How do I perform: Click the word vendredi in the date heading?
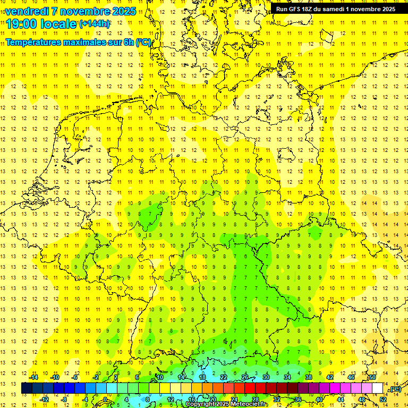tap(27, 11)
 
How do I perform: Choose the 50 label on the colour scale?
tap(372, 377)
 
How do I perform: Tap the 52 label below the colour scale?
tap(382, 399)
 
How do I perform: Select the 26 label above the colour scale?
tap(245, 377)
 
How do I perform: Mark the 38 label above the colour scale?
tap(309, 377)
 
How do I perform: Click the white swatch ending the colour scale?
tap(378, 388)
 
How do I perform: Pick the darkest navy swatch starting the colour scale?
tap(27, 388)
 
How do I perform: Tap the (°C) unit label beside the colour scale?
tap(395, 389)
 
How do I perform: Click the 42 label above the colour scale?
tap(330, 377)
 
